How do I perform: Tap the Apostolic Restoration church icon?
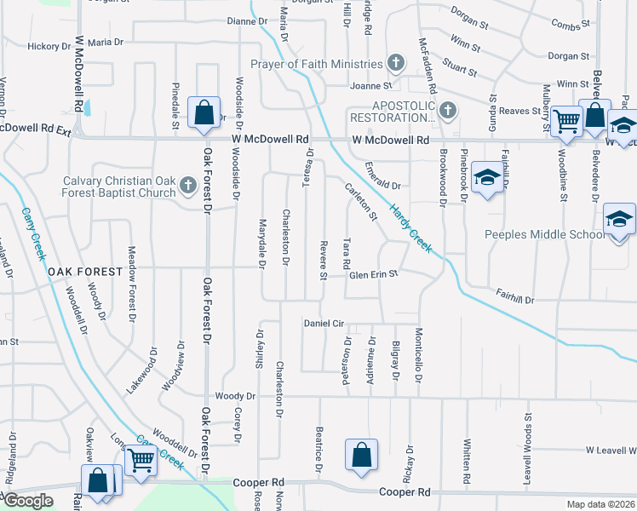448,111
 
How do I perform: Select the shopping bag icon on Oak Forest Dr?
204,113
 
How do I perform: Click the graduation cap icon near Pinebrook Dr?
487,178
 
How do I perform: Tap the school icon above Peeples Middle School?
619,220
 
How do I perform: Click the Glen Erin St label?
374,274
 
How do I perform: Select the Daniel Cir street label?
324,324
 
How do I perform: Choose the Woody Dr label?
235,396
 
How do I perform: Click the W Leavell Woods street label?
611,450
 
